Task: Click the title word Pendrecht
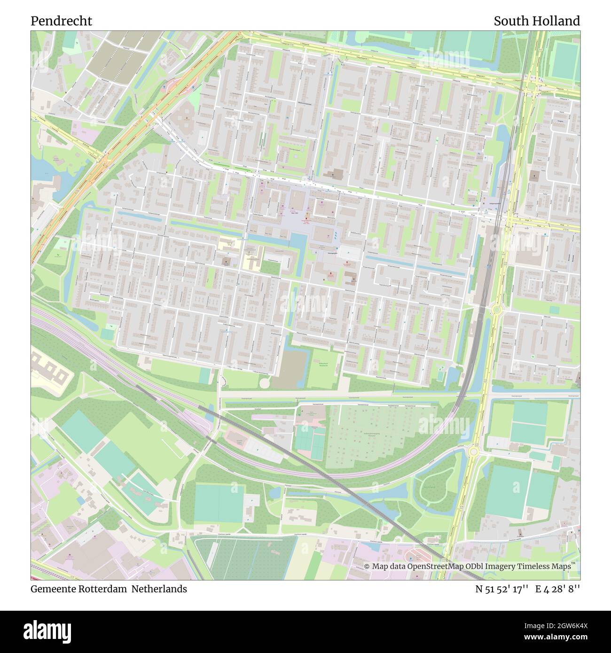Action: click(61, 21)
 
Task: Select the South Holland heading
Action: click(536, 21)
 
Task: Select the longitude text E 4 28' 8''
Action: click(557, 589)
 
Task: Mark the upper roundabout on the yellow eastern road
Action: click(495, 310)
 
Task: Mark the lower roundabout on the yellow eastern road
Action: click(473, 451)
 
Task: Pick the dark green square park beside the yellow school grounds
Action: click(270, 268)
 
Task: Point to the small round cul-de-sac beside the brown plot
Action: click(265, 383)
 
